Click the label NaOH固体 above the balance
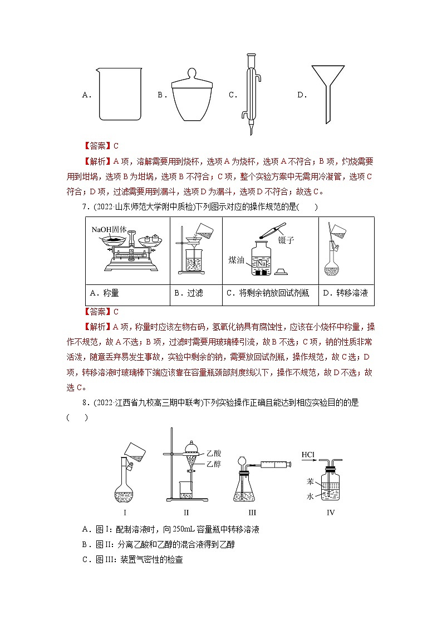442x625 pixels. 110,229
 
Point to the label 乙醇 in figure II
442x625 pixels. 213,464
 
